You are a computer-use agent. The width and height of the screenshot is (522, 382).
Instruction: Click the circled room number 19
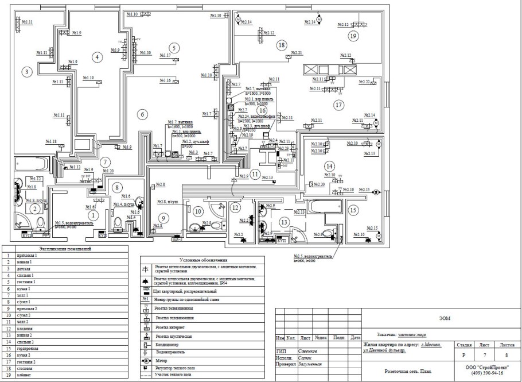[x=353, y=36]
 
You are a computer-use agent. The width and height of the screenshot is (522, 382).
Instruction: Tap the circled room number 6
[x=142, y=114]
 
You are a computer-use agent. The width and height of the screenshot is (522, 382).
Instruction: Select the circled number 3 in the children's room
[x=26, y=72]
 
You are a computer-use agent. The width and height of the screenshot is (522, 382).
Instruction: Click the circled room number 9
[x=163, y=218]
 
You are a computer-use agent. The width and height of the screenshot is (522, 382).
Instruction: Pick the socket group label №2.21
[x=296, y=53]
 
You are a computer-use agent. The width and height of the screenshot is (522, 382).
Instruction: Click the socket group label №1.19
[x=88, y=78]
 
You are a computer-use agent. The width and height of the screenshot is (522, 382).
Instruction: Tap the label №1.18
[x=51, y=141]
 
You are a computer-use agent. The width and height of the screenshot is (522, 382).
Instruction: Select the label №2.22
[x=364, y=82]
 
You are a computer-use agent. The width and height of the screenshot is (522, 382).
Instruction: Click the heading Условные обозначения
[x=203, y=260]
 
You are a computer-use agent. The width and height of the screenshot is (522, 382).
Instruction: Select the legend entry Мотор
[x=162, y=361]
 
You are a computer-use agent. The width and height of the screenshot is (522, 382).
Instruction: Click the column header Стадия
[x=463, y=345]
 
